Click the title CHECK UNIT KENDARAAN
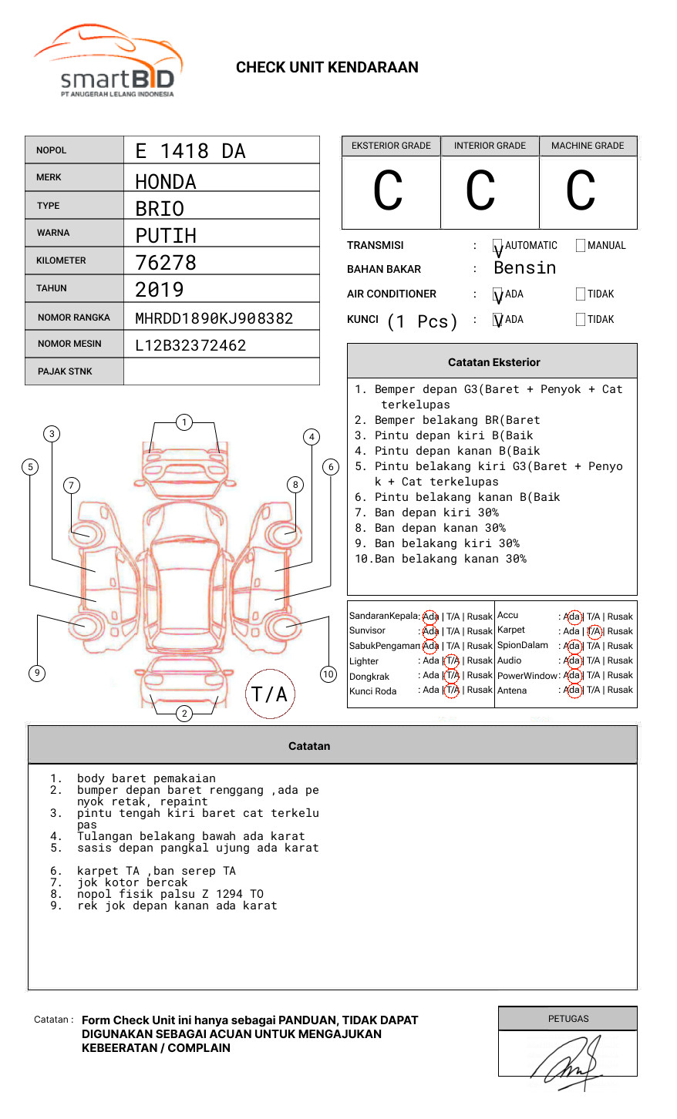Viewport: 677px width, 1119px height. pyautogui.click(x=327, y=68)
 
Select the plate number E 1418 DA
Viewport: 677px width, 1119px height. pyautogui.click(x=190, y=151)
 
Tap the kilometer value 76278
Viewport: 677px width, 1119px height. pyautogui.click(x=166, y=263)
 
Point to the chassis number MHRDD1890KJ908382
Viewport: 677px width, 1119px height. pyautogui.click(x=214, y=318)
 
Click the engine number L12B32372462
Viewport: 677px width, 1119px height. pyautogui.click(x=190, y=345)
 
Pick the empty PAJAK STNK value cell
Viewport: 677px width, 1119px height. pyautogui.click(x=221, y=371)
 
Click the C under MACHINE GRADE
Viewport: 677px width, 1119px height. pyautogui.click(x=581, y=191)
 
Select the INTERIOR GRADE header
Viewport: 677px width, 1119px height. pyautogui.click(x=490, y=146)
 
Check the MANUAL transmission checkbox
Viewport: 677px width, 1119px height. pyautogui.click(x=581, y=246)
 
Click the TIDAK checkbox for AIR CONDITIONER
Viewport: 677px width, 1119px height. pyautogui.click(x=581, y=294)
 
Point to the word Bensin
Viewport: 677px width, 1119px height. pyautogui.click(x=524, y=268)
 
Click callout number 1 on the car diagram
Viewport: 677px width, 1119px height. pyautogui.click(x=184, y=422)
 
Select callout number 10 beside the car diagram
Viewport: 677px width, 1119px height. pyautogui.click(x=328, y=674)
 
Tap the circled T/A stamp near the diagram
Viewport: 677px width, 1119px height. pyautogui.click(x=270, y=694)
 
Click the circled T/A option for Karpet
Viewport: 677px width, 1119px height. pyautogui.click(x=594, y=631)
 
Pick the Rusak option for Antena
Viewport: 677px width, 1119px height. pyautogui.click(x=620, y=691)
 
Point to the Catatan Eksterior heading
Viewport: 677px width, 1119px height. pyautogui.click(x=493, y=362)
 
